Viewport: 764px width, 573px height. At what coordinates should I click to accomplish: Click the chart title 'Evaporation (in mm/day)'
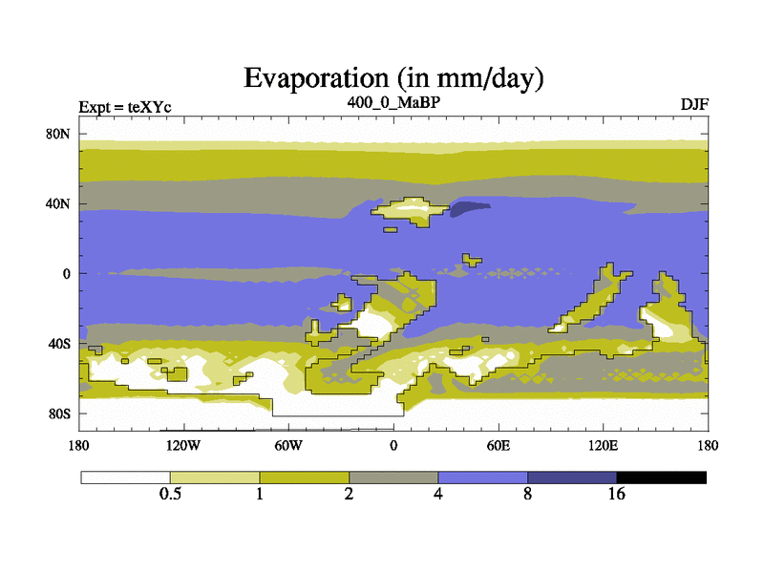pos(393,78)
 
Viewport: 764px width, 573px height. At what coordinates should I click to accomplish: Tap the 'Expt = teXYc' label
pos(125,107)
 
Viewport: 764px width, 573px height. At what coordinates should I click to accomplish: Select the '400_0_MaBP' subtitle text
pos(393,102)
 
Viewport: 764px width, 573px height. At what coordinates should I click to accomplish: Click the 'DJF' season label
pos(694,104)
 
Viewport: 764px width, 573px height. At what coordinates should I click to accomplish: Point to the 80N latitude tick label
pos(58,134)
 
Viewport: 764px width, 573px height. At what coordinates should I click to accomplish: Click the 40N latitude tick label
pos(58,203)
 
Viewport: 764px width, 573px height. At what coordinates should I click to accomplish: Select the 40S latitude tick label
pos(59,344)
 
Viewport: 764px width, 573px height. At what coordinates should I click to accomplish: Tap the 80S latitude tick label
pos(59,414)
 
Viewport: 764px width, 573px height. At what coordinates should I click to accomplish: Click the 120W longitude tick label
pos(183,445)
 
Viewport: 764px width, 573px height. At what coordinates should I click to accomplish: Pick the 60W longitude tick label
pos(288,445)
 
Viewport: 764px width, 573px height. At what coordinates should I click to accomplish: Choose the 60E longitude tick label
pos(499,445)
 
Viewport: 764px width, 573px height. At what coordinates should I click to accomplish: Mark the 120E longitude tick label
pos(604,445)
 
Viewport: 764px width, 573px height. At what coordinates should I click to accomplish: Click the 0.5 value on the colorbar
pos(170,494)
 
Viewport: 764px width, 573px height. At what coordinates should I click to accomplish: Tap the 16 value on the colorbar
pos(616,494)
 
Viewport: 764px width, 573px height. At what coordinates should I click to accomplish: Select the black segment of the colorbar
pos(661,477)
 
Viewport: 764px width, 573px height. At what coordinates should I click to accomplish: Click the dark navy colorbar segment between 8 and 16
pos(572,477)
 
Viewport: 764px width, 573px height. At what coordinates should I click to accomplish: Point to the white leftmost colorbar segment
pos(126,477)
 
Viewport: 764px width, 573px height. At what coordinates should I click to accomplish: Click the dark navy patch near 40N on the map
pos(468,208)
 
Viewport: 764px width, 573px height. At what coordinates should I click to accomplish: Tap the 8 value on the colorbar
pos(528,494)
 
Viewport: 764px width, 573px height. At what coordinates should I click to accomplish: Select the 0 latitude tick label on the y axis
pos(66,274)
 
